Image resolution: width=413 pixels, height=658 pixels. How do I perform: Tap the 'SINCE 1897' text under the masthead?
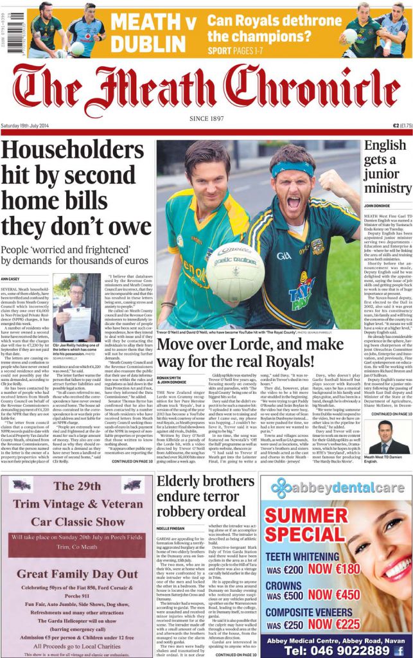pyautogui.click(x=207, y=119)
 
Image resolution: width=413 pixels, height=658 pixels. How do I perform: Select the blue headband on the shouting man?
pyautogui.click(x=292, y=168)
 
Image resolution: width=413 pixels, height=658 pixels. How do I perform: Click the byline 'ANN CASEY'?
pyautogui.click(x=10, y=279)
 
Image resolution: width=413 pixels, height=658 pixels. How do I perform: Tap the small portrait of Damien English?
pyautogui.click(x=385, y=438)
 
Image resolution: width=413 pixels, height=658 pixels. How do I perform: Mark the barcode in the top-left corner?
pyautogui.click(x=6, y=30)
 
